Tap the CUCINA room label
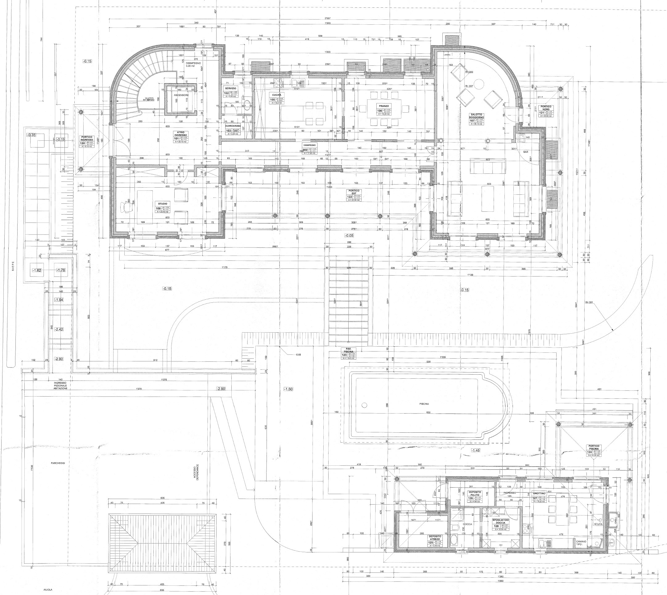[x=276, y=95]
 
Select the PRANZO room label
[x=384, y=106]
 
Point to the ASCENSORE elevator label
[x=181, y=95]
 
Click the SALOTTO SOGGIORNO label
[x=476, y=116]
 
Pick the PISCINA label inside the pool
[x=424, y=404]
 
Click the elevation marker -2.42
[x=59, y=329]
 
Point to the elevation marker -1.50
[x=288, y=389]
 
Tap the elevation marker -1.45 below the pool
[x=475, y=451]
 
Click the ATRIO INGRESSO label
[x=180, y=134]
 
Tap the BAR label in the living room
[x=526, y=152]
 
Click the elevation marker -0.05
[x=349, y=235]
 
